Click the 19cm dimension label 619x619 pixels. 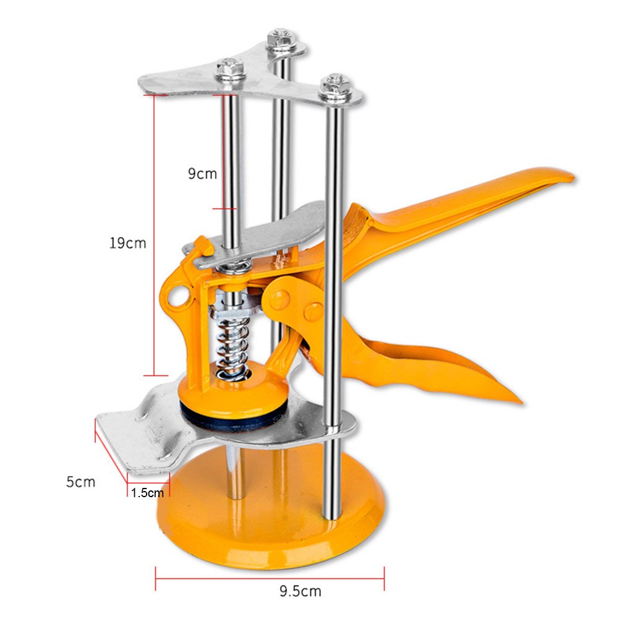[127, 243]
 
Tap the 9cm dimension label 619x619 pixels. [203, 174]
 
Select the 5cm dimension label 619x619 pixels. [81, 481]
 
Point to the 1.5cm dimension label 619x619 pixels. [148, 493]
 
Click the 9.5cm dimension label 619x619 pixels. [299, 592]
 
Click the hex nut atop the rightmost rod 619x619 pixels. [336, 83]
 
